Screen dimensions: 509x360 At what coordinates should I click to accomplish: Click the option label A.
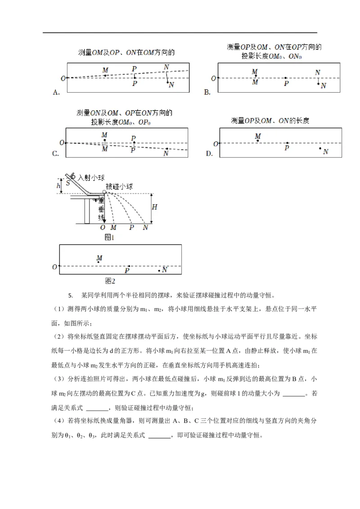[x=56, y=93]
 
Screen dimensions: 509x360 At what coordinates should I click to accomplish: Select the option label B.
[x=207, y=93]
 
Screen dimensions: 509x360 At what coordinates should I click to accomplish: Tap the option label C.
[x=56, y=154]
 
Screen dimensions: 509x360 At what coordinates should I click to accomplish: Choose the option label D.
[x=209, y=154]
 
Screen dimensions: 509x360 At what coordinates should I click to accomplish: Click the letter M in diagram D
[x=258, y=136]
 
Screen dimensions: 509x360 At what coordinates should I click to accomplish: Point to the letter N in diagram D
[x=325, y=152]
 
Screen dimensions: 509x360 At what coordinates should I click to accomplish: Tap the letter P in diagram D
[x=287, y=148]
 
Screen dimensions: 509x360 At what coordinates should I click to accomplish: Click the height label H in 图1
[x=154, y=207]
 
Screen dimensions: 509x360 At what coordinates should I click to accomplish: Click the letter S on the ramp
[x=68, y=183]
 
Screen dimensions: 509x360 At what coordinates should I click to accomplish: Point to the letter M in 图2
[x=99, y=258]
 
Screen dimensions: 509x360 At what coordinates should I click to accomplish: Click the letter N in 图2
[x=165, y=270]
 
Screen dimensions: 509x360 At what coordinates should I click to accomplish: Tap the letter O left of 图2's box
[x=54, y=267]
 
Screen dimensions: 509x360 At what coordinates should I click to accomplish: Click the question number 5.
[x=70, y=295]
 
